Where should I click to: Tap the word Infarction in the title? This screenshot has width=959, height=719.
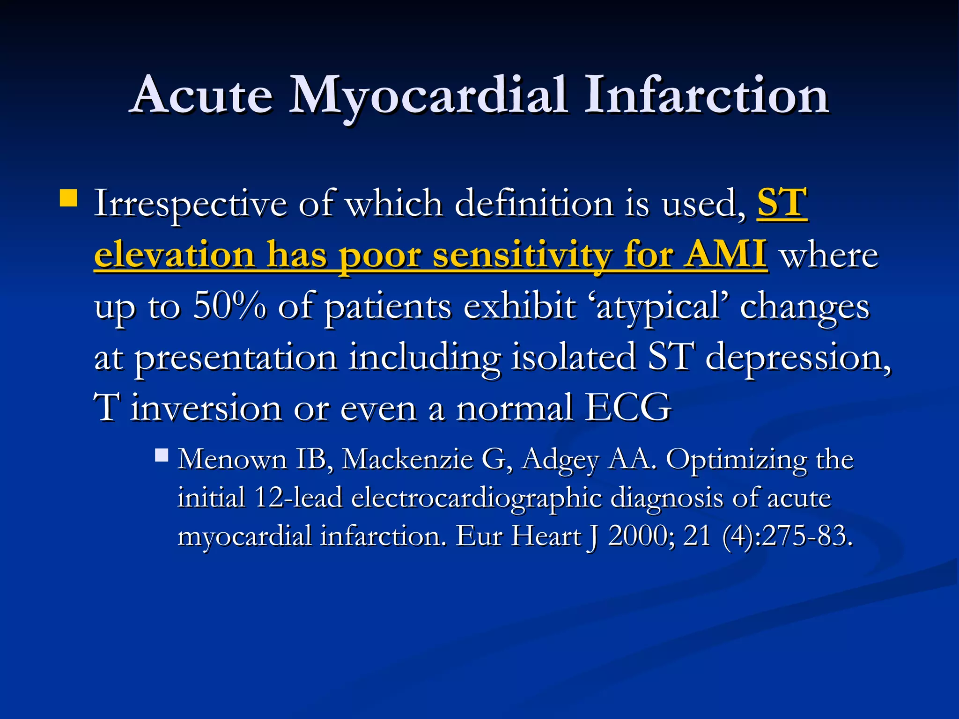[x=706, y=96]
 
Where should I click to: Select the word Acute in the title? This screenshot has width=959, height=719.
[x=202, y=96]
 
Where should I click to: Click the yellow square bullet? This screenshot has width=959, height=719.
[x=69, y=198]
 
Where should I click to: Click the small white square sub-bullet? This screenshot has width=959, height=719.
[x=162, y=455]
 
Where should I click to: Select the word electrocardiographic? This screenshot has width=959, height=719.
[x=476, y=498]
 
